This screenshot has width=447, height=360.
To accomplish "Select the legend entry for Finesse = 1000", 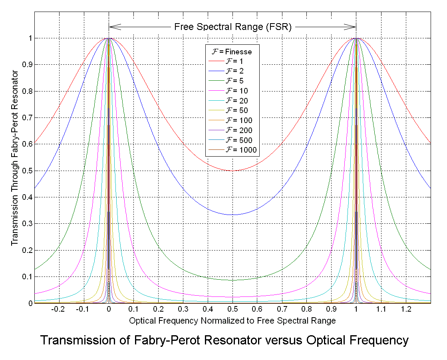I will pos(240,150).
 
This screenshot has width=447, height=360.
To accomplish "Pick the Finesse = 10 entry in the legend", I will pos(236,91).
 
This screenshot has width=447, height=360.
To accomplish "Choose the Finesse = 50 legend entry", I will pos(236,111).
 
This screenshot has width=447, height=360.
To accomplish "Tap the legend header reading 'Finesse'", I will pos(231,52).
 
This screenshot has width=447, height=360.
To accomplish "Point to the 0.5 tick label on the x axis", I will pos(232,310).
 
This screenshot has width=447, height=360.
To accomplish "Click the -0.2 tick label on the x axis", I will pos(58,310).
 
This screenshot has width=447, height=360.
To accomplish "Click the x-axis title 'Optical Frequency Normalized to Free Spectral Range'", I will pos(232,320).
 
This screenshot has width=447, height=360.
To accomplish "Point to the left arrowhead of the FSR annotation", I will pos(112,27).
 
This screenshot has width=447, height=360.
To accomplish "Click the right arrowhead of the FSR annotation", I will pos(353,27).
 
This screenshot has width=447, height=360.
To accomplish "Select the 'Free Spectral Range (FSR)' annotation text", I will pos(233,27).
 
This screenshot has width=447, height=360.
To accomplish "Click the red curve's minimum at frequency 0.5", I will pos(232,171).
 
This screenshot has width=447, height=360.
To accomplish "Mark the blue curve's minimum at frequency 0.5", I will pos(232,215).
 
